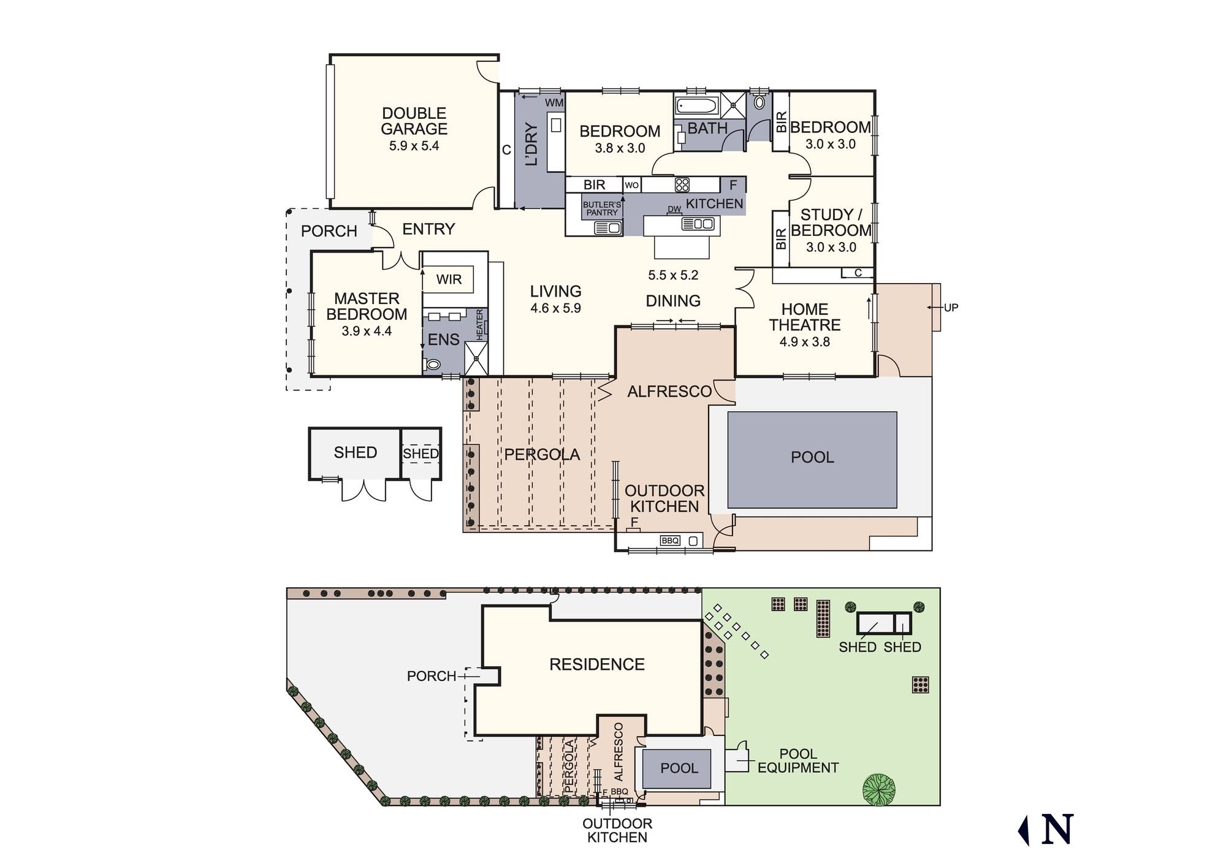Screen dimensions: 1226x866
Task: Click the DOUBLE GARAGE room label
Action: click(x=414, y=121)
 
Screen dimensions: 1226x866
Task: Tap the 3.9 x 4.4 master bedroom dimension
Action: click(x=367, y=331)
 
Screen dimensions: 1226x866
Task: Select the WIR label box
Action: click(x=449, y=279)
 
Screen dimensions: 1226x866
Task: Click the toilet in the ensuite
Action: click(x=433, y=365)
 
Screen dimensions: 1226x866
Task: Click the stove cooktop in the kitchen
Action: click(x=682, y=184)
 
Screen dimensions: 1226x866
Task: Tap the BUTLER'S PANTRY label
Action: click(x=602, y=208)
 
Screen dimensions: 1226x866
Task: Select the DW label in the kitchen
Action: click(x=674, y=209)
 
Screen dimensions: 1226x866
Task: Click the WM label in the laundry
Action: click(x=554, y=103)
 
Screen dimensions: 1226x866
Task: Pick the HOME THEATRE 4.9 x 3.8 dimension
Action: click(x=804, y=342)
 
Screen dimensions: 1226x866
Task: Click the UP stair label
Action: click(x=951, y=308)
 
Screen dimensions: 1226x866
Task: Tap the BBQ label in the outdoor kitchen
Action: click(x=669, y=541)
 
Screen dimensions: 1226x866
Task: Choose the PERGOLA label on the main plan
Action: click(x=542, y=455)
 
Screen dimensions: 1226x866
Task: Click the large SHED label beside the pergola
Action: click(x=356, y=452)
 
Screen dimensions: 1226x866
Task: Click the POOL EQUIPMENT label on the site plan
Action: click(x=798, y=761)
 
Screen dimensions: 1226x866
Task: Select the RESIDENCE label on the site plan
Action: click(x=597, y=664)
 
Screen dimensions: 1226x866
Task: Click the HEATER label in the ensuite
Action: click(x=480, y=325)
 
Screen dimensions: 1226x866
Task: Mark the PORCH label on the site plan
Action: click(x=432, y=676)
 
